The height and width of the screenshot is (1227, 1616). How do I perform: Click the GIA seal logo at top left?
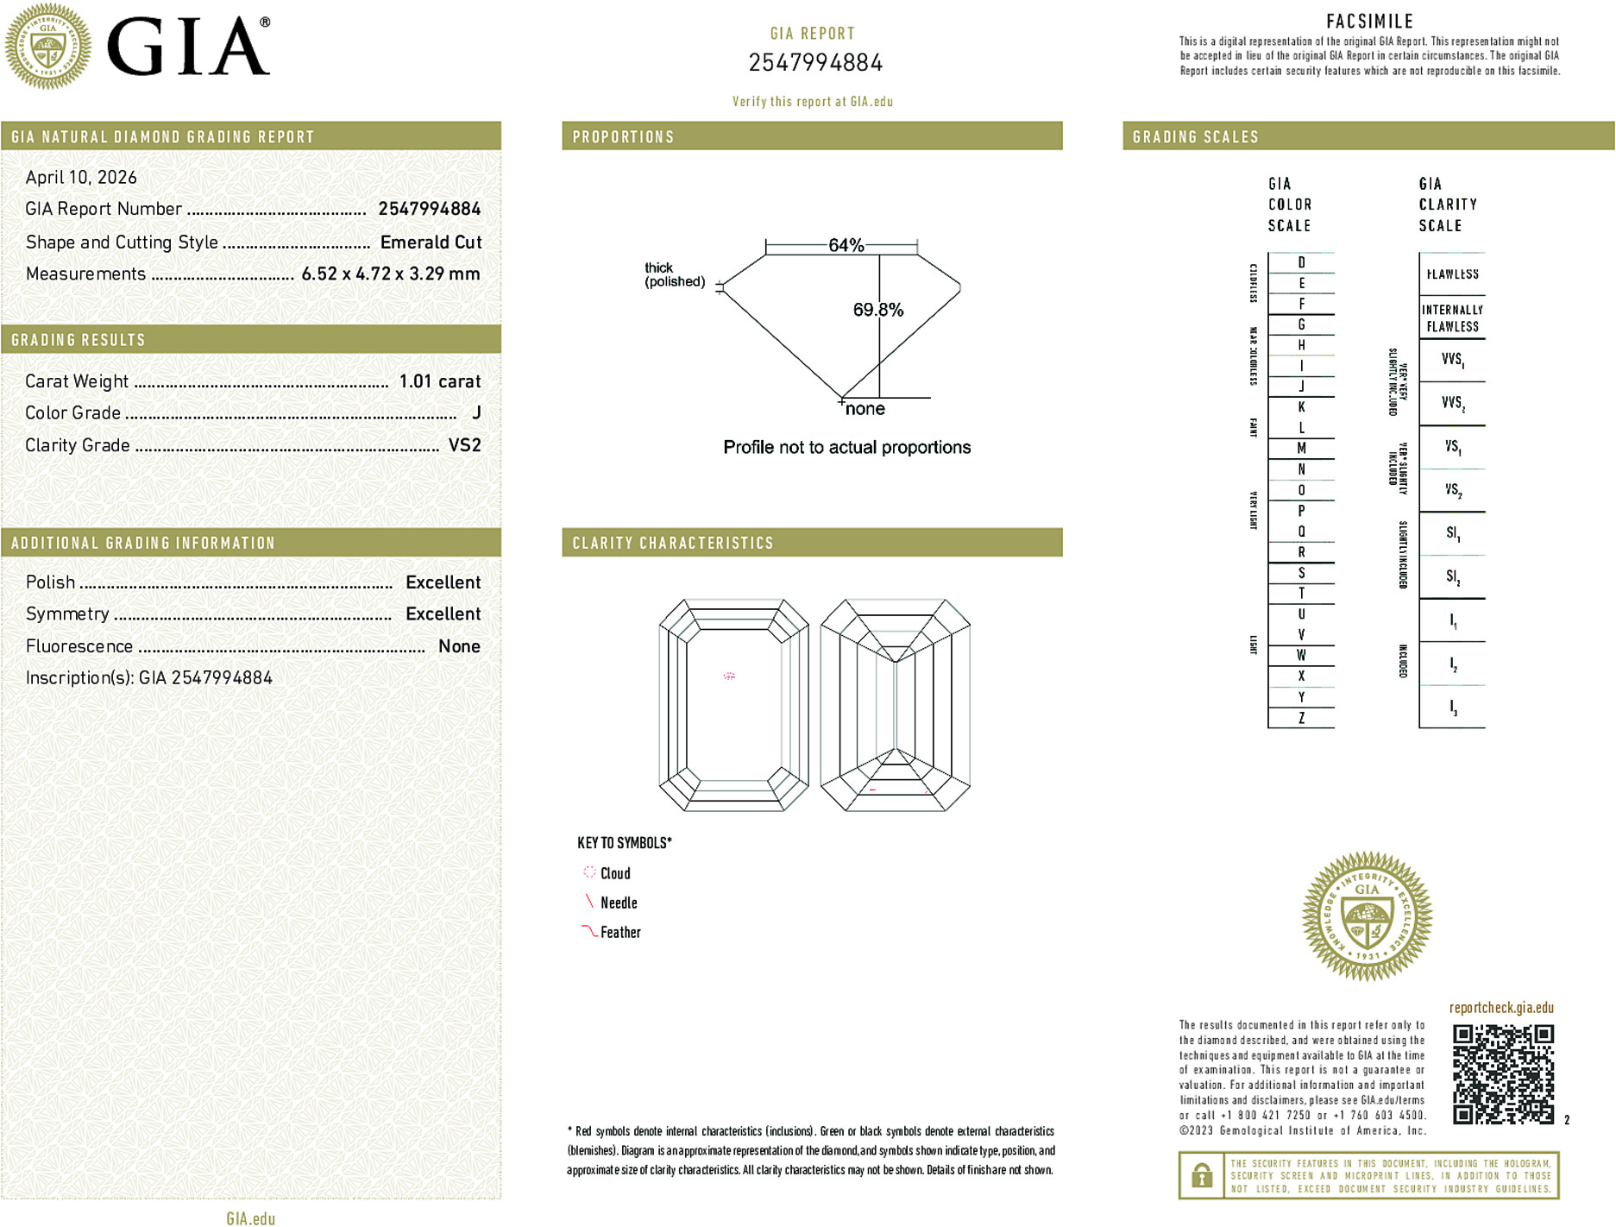47,47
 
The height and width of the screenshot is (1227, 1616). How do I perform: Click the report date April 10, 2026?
81,178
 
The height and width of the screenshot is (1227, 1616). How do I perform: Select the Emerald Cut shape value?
431,242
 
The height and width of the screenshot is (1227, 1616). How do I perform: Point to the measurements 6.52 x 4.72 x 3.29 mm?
390,274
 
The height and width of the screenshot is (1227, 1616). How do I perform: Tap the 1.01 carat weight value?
439,381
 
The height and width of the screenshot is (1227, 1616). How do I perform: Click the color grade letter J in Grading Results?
476,413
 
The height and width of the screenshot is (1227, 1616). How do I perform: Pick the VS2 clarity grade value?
464,445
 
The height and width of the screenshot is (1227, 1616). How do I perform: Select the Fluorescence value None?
459,646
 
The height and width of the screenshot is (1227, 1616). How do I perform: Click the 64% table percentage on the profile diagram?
845,245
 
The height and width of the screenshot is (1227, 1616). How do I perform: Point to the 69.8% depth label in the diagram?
877,310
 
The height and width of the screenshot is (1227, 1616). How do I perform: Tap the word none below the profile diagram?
865,409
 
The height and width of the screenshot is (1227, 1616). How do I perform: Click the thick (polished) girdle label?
674,274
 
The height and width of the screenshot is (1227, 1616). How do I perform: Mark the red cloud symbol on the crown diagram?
729,676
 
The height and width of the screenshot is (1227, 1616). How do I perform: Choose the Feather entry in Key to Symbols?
619,932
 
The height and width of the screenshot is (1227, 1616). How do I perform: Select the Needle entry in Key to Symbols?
618,903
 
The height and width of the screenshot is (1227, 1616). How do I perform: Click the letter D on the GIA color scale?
1301,262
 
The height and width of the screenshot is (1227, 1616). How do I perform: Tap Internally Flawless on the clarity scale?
1452,318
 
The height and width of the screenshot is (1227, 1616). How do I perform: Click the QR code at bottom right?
1502,1074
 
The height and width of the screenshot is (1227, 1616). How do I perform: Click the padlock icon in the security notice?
1201,1175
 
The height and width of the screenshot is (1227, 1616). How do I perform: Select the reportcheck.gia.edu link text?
1501,1008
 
